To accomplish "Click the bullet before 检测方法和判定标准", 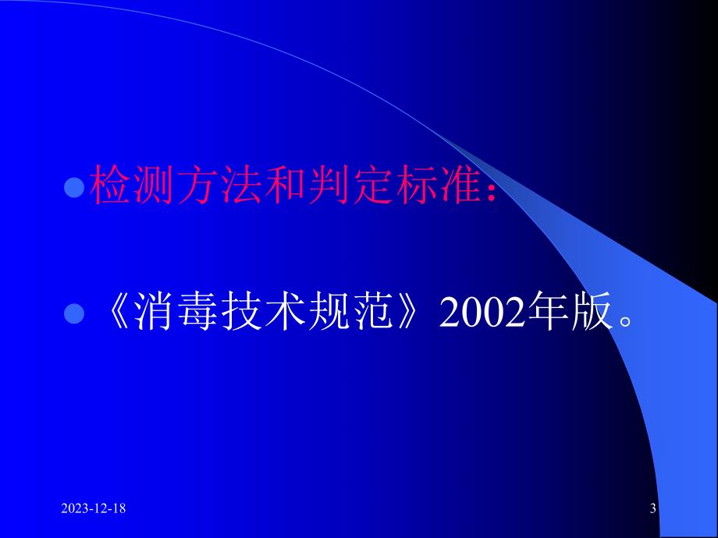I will coord(73,189).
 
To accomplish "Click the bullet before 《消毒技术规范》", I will coord(73,314).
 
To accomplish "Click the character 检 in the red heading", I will coord(110,188).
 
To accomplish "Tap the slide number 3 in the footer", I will coord(652,509).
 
